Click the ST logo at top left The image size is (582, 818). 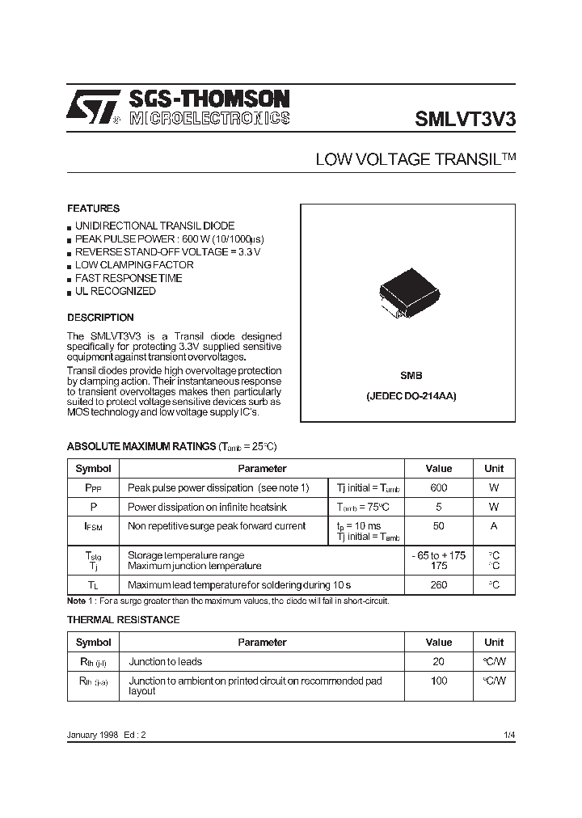[94, 107]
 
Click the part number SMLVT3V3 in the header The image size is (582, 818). [465, 119]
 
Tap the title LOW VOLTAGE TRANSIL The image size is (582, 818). [415, 160]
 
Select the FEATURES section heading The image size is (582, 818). [93, 209]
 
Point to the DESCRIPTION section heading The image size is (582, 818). [100, 318]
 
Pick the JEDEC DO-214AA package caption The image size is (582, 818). [411, 397]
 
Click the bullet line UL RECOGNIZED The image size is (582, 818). [116, 291]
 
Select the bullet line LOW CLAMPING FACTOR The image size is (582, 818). [134, 265]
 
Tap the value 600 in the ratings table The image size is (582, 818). [439, 487]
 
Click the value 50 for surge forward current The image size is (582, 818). [439, 526]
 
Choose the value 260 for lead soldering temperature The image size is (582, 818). [439, 584]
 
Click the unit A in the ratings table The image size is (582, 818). [494, 526]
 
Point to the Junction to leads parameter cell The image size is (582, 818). [167, 661]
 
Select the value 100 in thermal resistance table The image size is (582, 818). [439, 681]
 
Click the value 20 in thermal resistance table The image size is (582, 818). [439, 661]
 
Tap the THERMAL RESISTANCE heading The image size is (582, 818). [123, 620]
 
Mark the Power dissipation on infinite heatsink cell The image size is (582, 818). [207, 507]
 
